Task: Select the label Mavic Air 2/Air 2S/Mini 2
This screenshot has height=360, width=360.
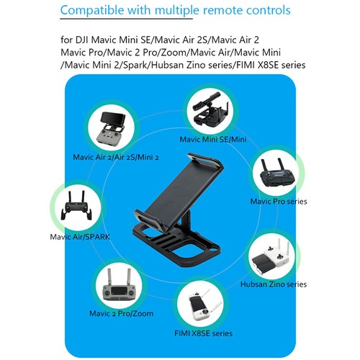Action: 116,156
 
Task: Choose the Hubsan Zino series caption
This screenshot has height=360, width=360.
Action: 277,284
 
